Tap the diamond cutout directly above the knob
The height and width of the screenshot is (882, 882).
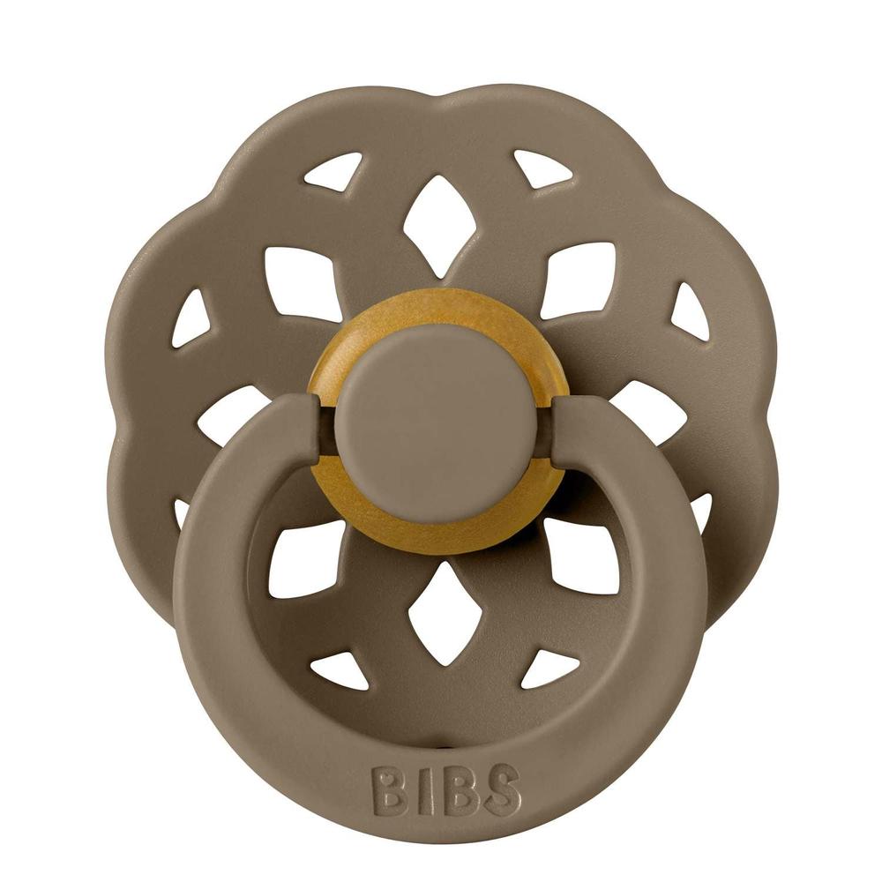click(x=438, y=224)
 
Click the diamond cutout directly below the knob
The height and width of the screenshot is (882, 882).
click(x=438, y=613)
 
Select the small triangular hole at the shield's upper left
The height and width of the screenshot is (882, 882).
click(x=336, y=173)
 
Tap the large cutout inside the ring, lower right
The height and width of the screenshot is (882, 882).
click(x=578, y=556)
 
